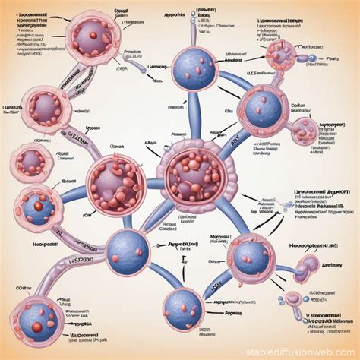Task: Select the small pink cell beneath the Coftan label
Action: tap(305, 130)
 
